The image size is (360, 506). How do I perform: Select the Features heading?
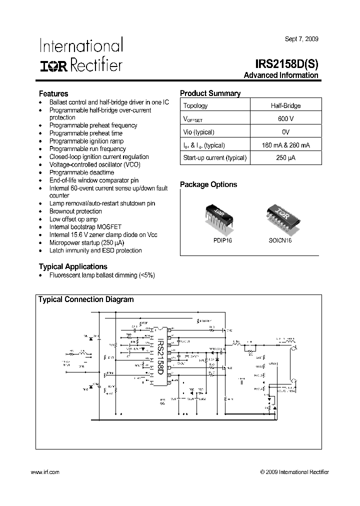point(53,93)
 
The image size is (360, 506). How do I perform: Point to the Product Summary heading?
point(210,93)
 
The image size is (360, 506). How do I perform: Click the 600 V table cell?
point(285,119)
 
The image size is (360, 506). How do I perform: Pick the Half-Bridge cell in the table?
point(285,105)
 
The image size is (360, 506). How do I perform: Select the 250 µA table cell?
point(285,158)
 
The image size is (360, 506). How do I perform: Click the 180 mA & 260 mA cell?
point(285,145)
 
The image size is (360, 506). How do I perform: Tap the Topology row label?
point(195,105)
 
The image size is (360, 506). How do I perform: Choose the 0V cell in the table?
point(285,132)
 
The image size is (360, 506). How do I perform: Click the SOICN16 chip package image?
point(279,216)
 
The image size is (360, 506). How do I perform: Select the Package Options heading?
point(208,184)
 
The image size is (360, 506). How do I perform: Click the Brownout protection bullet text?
point(75,211)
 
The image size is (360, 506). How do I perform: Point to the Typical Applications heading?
point(73,266)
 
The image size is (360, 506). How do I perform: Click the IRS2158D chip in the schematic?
point(159,356)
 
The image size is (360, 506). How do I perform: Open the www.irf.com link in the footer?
point(45,472)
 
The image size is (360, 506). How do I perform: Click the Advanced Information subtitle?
point(281,75)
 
